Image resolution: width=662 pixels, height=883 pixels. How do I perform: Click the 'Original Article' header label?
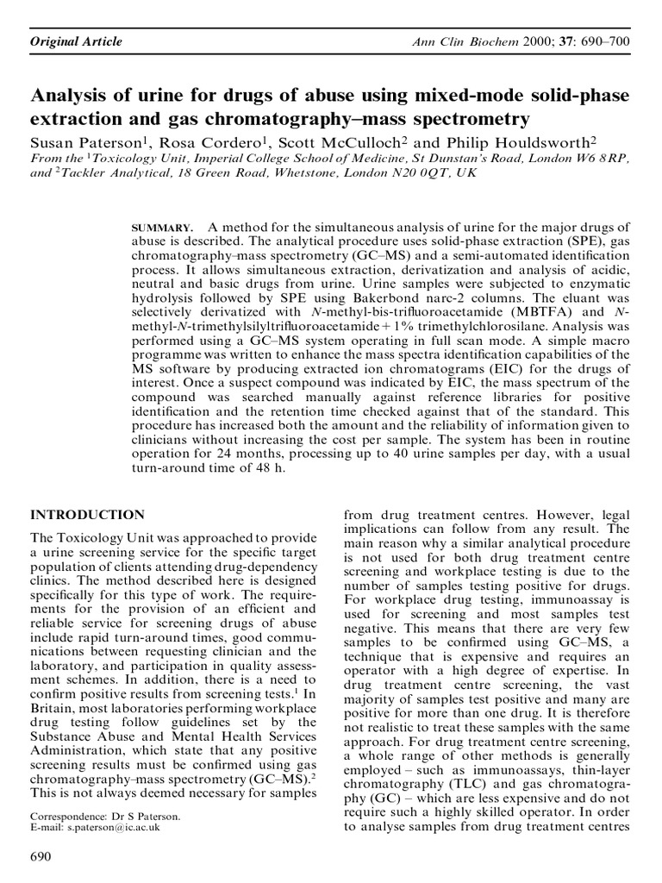tap(77, 41)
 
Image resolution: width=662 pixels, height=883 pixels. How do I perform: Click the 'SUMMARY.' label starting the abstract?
tap(163, 227)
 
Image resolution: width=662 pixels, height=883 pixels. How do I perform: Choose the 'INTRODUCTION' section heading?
tap(87, 514)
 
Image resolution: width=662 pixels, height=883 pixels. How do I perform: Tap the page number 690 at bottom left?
tap(41, 856)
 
